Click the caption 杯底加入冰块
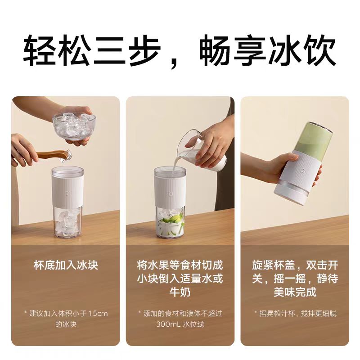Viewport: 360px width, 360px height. point(66,265)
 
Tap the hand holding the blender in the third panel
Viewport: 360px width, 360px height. point(270,166)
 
